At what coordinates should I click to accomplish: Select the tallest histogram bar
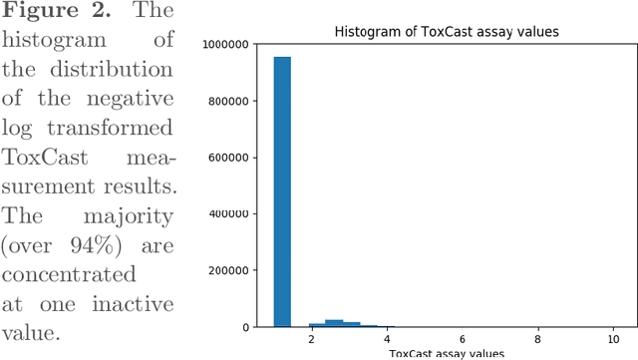coord(282,189)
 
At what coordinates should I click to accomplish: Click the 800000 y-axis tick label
coord(235,101)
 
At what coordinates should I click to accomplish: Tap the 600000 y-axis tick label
coord(235,158)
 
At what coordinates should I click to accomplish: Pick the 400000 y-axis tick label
coord(235,213)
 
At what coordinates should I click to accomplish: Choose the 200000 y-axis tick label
coord(235,270)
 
